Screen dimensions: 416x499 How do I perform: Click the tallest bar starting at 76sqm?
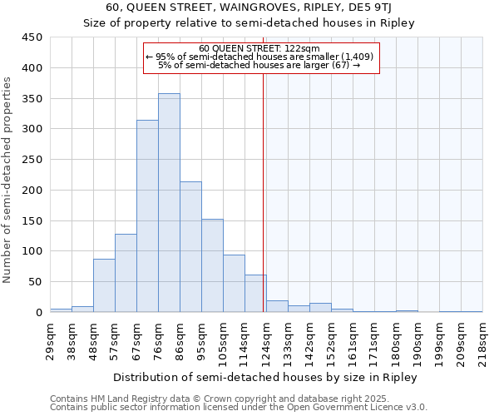click(x=169, y=203)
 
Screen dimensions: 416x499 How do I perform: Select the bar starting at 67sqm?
click(x=147, y=216)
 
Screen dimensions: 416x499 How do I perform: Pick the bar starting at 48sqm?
click(x=104, y=285)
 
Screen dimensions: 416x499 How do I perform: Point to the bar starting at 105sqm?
click(x=234, y=284)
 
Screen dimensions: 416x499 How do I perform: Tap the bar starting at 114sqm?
click(x=255, y=294)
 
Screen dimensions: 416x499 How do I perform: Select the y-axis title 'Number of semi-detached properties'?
click(x=8, y=180)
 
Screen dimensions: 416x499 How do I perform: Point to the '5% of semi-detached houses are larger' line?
click(x=259, y=65)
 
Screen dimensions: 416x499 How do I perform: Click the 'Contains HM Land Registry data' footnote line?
click(x=238, y=399)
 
